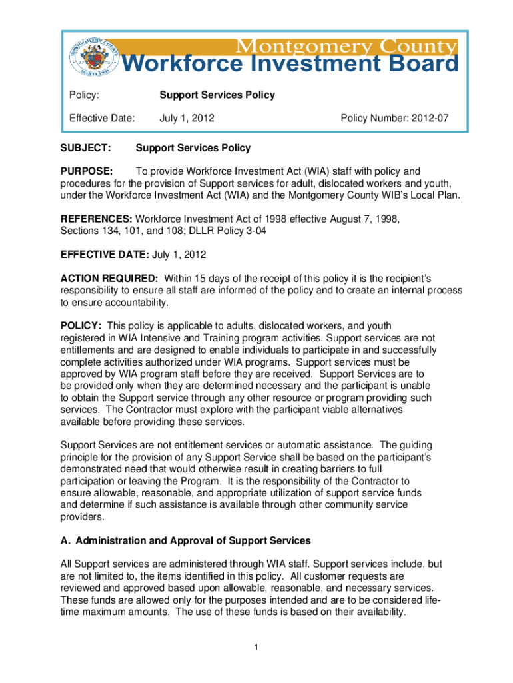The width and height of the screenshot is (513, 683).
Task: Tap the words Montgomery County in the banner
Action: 344,47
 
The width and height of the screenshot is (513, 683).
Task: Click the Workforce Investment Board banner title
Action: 292,65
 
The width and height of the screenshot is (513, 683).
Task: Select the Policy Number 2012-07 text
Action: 394,118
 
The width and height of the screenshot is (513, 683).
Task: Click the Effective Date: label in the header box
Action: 102,118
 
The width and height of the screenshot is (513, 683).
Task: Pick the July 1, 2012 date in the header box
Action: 187,118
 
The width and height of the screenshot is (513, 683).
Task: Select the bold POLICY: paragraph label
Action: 81,326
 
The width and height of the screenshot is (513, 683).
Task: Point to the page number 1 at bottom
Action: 256,647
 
